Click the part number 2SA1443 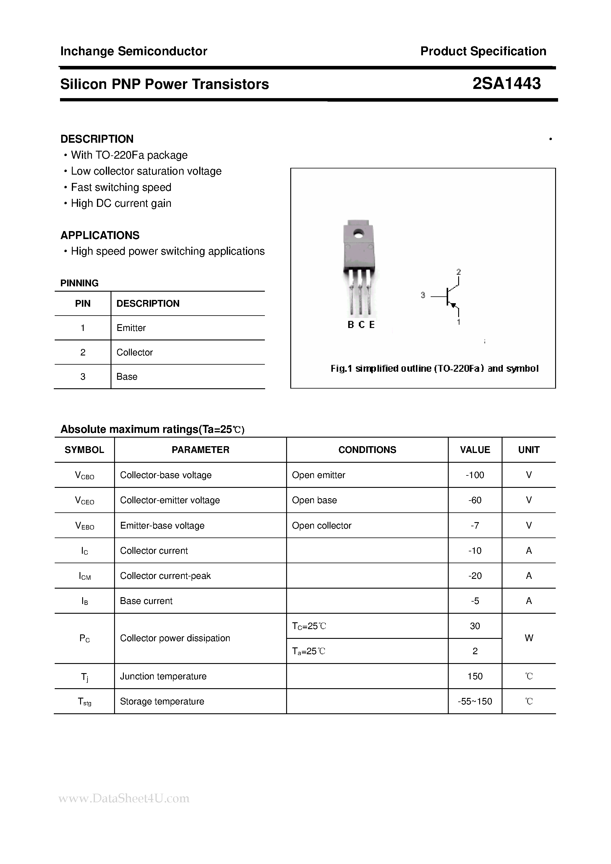(x=506, y=84)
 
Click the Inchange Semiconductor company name (x=134, y=51)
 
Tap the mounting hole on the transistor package (x=358, y=234)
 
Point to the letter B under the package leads (x=351, y=325)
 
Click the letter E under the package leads (x=372, y=325)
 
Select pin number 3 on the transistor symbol (x=423, y=295)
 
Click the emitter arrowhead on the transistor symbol (x=453, y=305)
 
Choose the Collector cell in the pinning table (x=134, y=352)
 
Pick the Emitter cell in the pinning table (x=131, y=328)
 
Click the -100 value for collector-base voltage (x=475, y=475)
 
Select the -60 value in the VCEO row (x=475, y=500)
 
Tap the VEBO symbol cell (x=84, y=526)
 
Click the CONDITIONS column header (x=367, y=450)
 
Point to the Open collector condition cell (x=322, y=525)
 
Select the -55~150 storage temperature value (x=475, y=701)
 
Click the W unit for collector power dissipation (x=529, y=638)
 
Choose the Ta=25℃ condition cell (x=309, y=651)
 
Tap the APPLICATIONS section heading (x=100, y=235)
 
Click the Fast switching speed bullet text (x=121, y=187)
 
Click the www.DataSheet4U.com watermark (x=124, y=798)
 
